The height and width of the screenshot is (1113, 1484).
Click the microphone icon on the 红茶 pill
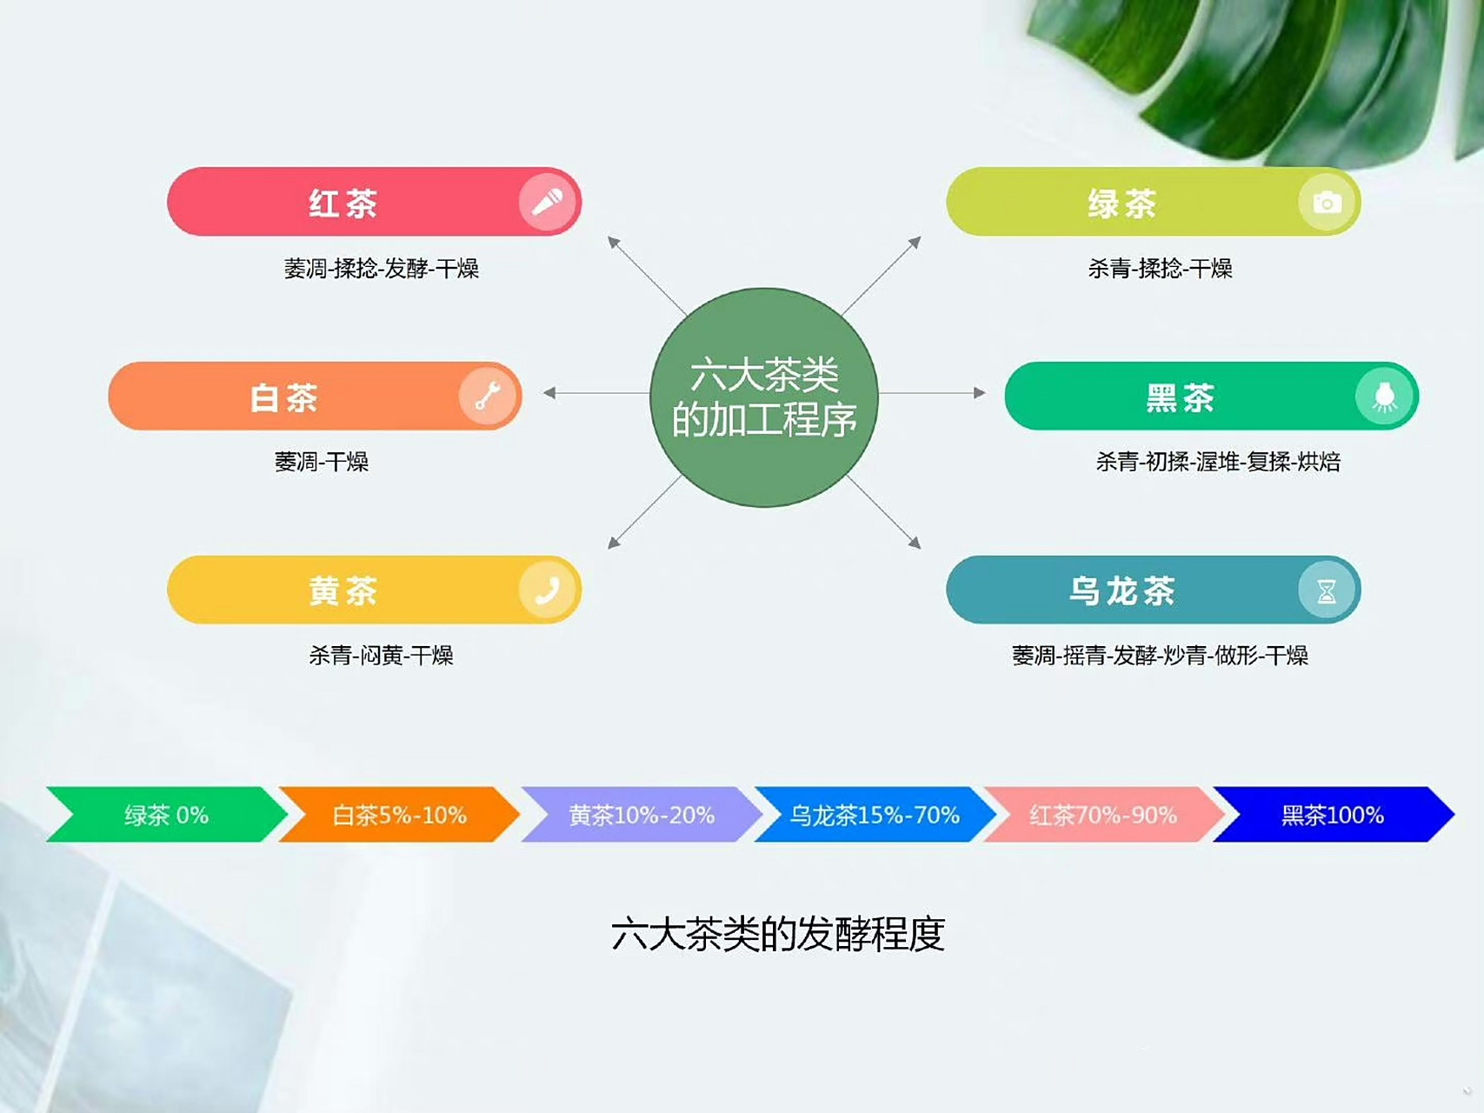pyautogui.click(x=547, y=203)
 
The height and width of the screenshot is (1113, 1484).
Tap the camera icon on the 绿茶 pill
pyautogui.click(x=1327, y=203)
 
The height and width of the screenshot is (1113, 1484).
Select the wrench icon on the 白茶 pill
pyautogui.click(x=488, y=397)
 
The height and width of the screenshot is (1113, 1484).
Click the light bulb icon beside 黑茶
pyautogui.click(x=1385, y=397)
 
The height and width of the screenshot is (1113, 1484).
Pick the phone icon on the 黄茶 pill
pyautogui.click(x=547, y=590)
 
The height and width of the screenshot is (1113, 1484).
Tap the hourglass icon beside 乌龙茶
pyautogui.click(x=1327, y=590)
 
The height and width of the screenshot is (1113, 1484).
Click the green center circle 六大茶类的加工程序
pyautogui.click(x=764, y=397)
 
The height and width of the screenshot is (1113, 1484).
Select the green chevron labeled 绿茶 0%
pyautogui.click(x=166, y=815)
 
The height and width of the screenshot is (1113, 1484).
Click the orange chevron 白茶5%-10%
pyautogui.click(x=399, y=815)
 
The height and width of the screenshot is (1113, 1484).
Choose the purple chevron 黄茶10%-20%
pyautogui.click(x=641, y=815)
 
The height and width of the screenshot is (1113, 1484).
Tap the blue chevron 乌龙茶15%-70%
pyautogui.click(x=874, y=815)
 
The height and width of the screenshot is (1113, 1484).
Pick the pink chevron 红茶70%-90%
pyautogui.click(x=1102, y=815)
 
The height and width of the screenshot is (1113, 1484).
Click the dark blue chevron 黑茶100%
pyautogui.click(x=1332, y=815)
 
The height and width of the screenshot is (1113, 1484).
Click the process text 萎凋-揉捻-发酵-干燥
pyautogui.click(x=381, y=269)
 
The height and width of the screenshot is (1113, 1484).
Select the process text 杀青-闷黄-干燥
pyautogui.click(x=381, y=655)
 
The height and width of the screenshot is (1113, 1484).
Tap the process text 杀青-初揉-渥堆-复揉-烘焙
pyautogui.click(x=1217, y=462)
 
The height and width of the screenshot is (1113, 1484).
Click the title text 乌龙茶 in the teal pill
pyautogui.click(x=1121, y=591)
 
